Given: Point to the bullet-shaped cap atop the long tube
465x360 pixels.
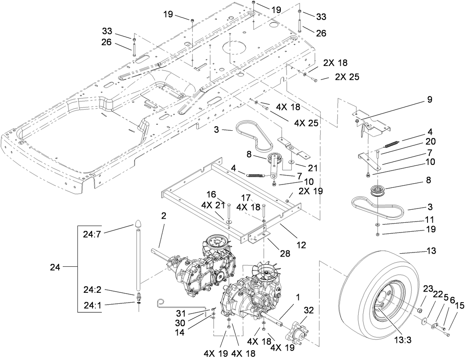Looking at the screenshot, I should tap(138, 225).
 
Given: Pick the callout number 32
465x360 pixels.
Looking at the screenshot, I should tap(308, 310).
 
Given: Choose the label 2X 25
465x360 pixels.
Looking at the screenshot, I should tap(347, 77).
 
